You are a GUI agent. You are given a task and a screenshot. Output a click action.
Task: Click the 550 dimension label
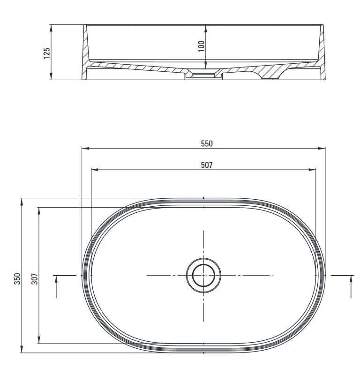[207, 144]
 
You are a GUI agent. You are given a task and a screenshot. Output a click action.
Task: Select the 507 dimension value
[207, 165]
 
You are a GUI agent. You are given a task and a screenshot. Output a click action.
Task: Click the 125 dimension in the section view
[46, 52]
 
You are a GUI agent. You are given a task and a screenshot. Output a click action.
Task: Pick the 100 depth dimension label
[202, 46]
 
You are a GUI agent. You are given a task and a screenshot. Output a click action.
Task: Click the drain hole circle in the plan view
[203, 275]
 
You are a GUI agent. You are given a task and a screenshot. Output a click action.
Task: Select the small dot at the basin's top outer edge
[203, 198]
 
